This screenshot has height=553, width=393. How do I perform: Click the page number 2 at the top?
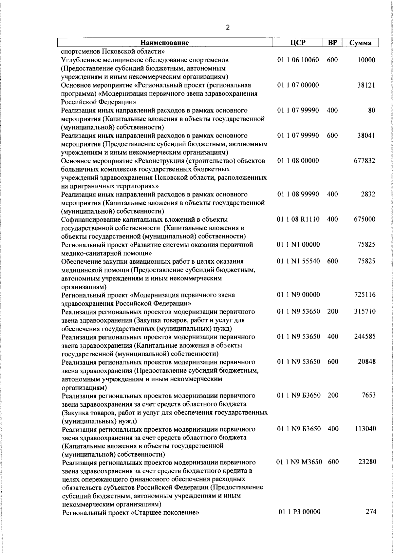pyautogui.click(x=228, y=28)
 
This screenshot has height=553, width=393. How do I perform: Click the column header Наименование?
pyautogui.click(x=165, y=43)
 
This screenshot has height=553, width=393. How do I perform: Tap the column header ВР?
pyautogui.click(x=332, y=43)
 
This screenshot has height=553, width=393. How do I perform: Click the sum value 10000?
pyautogui.click(x=366, y=60)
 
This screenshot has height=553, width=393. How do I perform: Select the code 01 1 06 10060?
pyautogui.click(x=298, y=60)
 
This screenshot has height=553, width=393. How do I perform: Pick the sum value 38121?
pyautogui.click(x=366, y=85)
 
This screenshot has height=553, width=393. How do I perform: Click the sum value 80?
pyautogui.click(x=371, y=111)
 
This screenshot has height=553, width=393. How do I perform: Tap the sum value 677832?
pyautogui.click(x=365, y=161)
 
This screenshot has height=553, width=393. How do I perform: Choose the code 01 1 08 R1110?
pyautogui.click(x=298, y=219)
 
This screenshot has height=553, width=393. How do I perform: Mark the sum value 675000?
pyautogui.click(x=365, y=219)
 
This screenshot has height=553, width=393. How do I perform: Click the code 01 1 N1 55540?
pyautogui.click(x=298, y=261)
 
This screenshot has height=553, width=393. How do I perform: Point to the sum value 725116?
pyautogui.click(x=365, y=295)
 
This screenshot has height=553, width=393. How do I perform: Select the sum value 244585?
pyautogui.click(x=365, y=337)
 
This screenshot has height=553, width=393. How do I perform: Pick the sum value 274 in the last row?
pyautogui.click(x=371, y=511)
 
